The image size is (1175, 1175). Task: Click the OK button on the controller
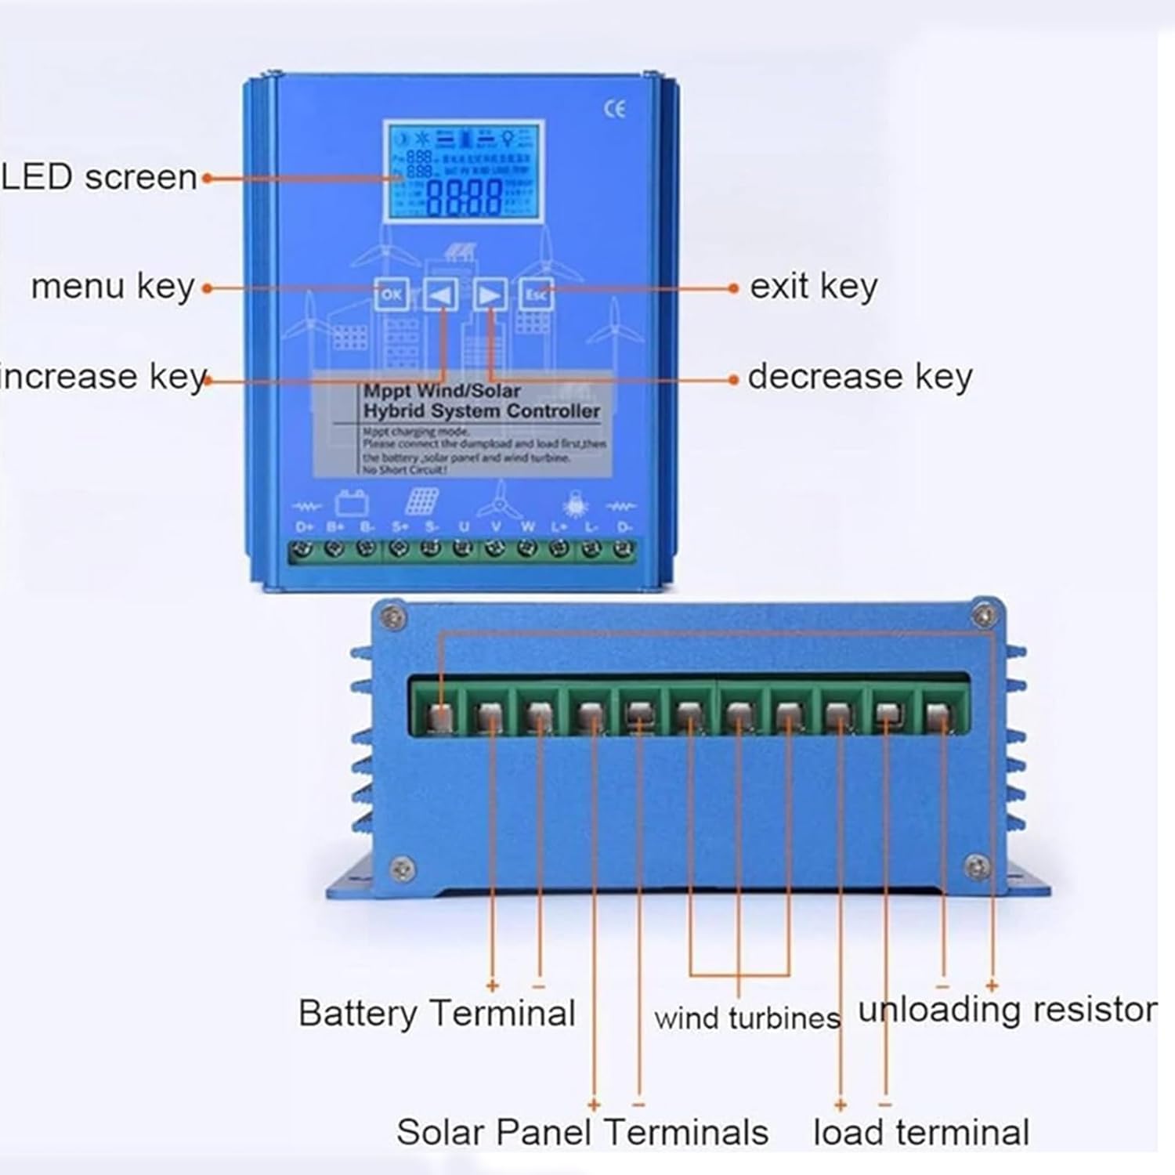click(391, 295)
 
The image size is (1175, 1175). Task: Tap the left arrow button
click(441, 295)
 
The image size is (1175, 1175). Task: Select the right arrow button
click(490, 295)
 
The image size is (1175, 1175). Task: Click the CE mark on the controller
click(615, 109)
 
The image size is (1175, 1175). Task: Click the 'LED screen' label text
click(99, 178)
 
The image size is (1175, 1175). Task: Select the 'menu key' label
click(113, 287)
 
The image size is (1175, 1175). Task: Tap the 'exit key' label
click(813, 287)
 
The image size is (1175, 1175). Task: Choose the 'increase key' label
click(103, 378)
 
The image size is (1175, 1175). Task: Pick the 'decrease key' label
click(860, 378)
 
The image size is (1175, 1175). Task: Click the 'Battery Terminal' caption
click(436, 1014)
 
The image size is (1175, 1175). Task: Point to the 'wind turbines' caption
click(747, 1018)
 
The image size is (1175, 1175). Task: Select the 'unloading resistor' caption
click(1007, 1010)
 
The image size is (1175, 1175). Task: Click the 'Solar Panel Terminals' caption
click(582, 1133)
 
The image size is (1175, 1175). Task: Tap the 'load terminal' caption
click(921, 1133)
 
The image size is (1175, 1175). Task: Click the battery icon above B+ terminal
click(352, 501)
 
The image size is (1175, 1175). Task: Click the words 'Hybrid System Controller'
click(481, 411)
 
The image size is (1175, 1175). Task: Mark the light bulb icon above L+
click(575, 503)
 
